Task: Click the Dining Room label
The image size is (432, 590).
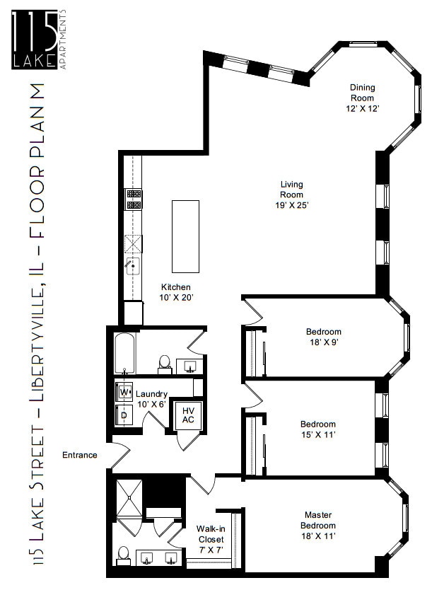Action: pyautogui.click(x=362, y=98)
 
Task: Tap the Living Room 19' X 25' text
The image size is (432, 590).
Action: pyautogui.click(x=291, y=195)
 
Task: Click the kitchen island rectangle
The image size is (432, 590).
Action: pyautogui.click(x=185, y=236)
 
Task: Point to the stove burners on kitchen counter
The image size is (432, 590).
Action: pyautogui.click(x=132, y=199)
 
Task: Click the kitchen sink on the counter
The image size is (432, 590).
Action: pyautogui.click(x=132, y=266)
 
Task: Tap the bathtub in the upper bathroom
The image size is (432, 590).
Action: pyautogui.click(x=124, y=353)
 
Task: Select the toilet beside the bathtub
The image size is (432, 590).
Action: pyautogui.click(x=164, y=364)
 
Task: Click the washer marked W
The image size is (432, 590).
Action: pyautogui.click(x=124, y=391)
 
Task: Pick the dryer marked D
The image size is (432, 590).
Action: pyautogui.click(x=124, y=414)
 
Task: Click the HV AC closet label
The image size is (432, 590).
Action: pyautogui.click(x=188, y=416)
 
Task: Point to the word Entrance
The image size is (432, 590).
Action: pyautogui.click(x=80, y=455)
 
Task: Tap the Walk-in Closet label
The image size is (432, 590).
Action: pyautogui.click(x=211, y=538)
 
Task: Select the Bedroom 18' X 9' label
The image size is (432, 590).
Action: pyautogui.click(x=323, y=337)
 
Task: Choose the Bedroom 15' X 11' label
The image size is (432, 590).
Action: pyautogui.click(x=318, y=429)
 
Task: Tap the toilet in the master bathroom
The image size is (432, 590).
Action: pyautogui.click(x=123, y=554)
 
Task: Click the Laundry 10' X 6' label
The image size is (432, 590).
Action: pyautogui.click(x=151, y=399)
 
